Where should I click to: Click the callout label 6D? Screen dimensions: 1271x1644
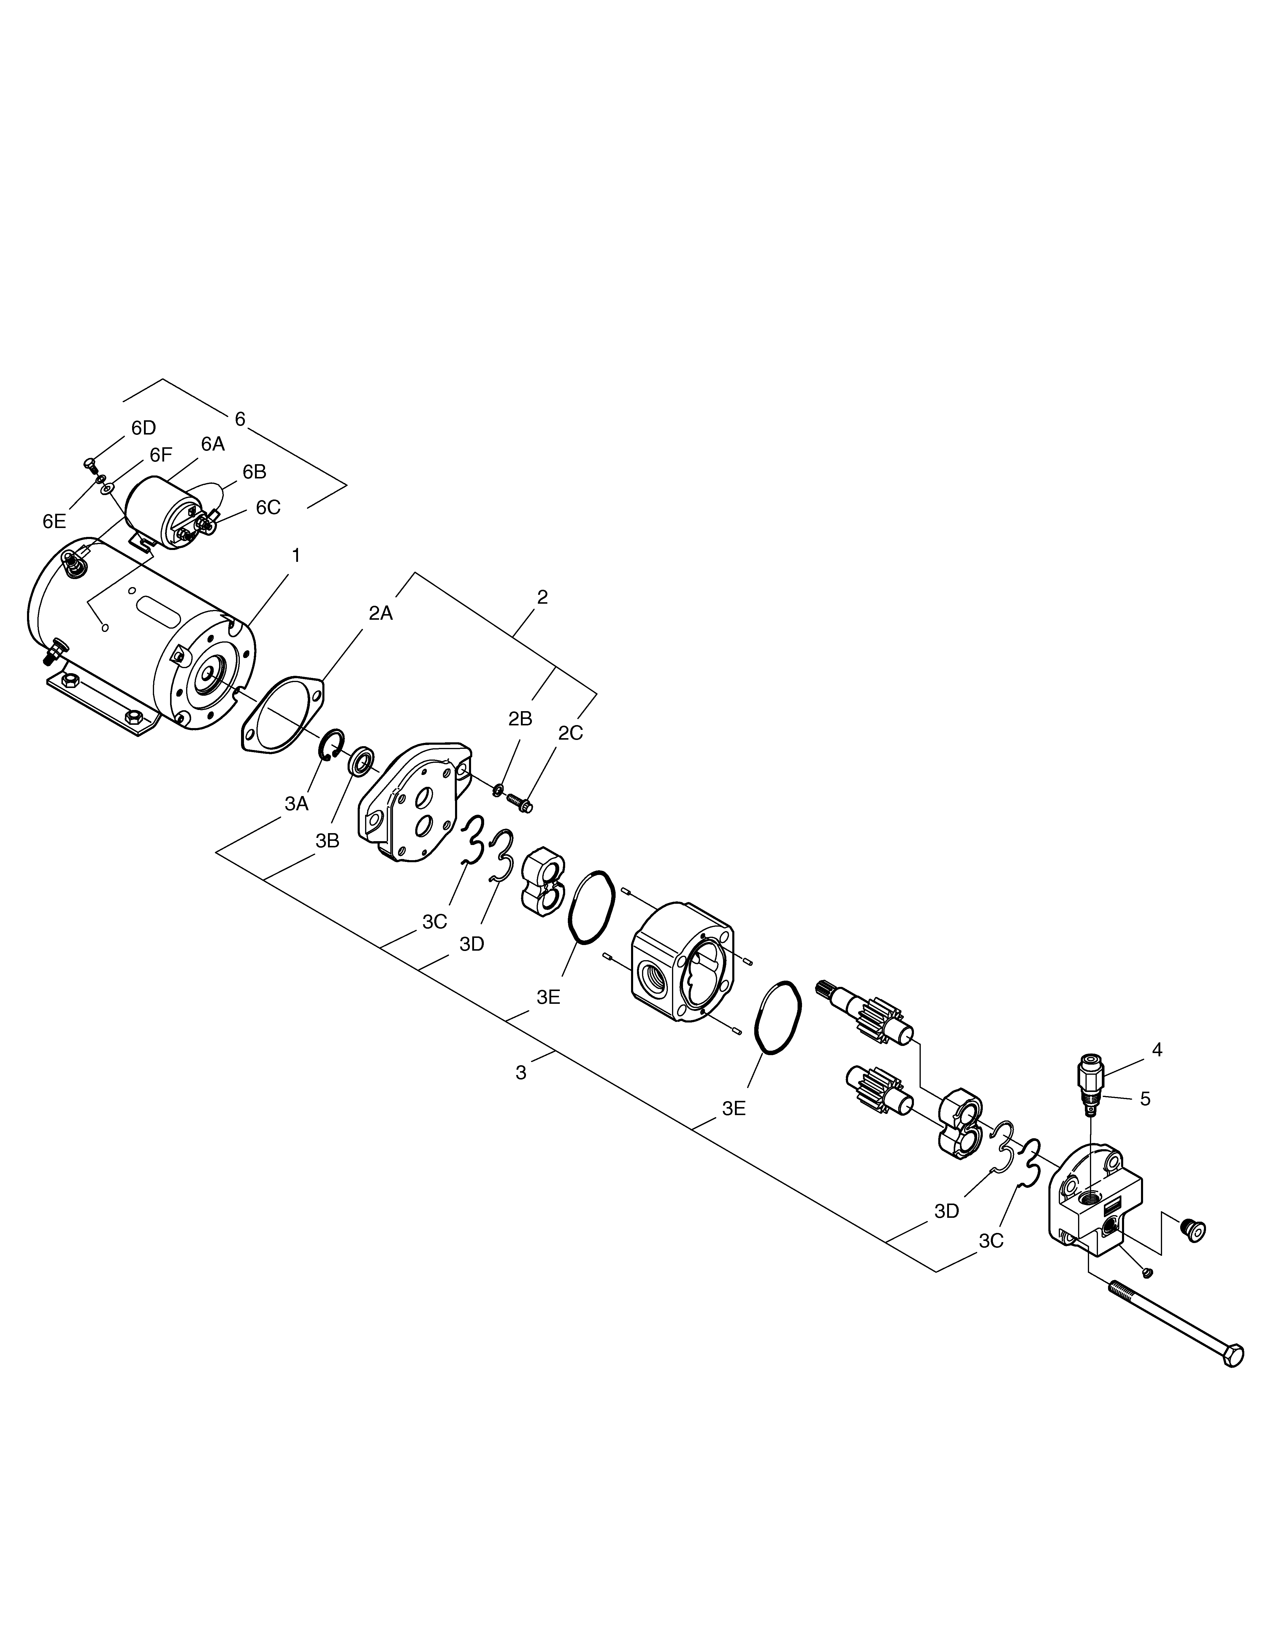(x=143, y=428)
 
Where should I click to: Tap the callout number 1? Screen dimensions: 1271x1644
(x=296, y=556)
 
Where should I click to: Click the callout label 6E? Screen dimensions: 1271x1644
(x=54, y=522)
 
